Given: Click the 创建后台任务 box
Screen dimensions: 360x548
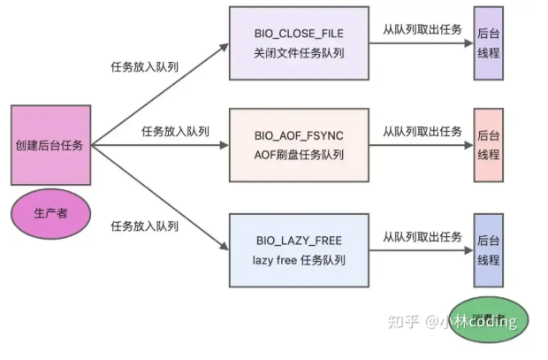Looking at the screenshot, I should (50, 145).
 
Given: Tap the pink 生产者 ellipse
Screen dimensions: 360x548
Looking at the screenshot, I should (50, 213).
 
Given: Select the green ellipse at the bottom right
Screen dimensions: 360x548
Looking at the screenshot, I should (485, 319).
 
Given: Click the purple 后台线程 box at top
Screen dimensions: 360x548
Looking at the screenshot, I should (488, 42).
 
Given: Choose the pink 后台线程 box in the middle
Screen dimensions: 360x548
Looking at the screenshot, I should (488, 145).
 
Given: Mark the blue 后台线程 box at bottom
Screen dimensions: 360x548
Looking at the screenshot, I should (488, 249).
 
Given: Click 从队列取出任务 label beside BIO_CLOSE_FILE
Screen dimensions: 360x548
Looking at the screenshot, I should (422, 29).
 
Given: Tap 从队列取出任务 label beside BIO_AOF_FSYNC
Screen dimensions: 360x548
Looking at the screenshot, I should (422, 131).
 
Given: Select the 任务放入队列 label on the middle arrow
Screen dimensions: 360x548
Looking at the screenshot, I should (175, 131).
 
